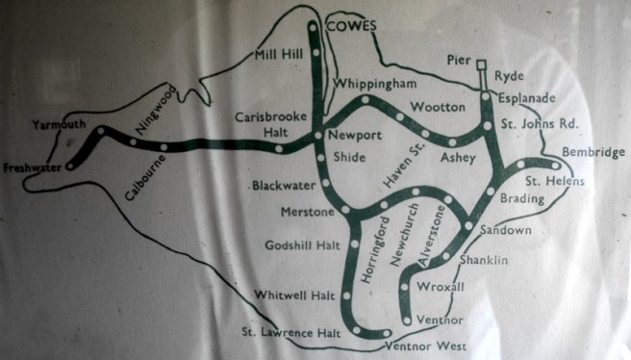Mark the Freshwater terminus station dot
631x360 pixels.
pos(69,167)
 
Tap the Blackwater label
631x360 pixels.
pos(283,185)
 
